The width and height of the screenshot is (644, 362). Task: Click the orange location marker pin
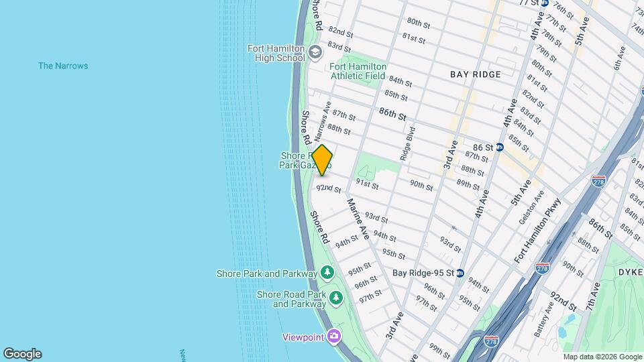pos(322,160)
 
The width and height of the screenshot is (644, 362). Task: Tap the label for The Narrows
pos(63,66)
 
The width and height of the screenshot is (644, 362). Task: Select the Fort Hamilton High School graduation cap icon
pos(314,52)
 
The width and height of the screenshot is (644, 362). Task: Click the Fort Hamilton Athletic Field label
pos(358,71)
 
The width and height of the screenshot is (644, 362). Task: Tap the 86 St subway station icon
pos(500,147)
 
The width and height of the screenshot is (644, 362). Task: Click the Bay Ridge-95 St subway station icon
pos(460,273)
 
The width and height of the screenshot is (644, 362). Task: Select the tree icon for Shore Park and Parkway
pos(327,273)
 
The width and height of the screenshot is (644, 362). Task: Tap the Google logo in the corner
pos(21,354)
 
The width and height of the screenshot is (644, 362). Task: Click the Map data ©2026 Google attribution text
pos(602,357)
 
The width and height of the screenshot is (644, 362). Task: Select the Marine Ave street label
pos(358,219)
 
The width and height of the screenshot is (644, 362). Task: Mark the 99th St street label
pos(439,351)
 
